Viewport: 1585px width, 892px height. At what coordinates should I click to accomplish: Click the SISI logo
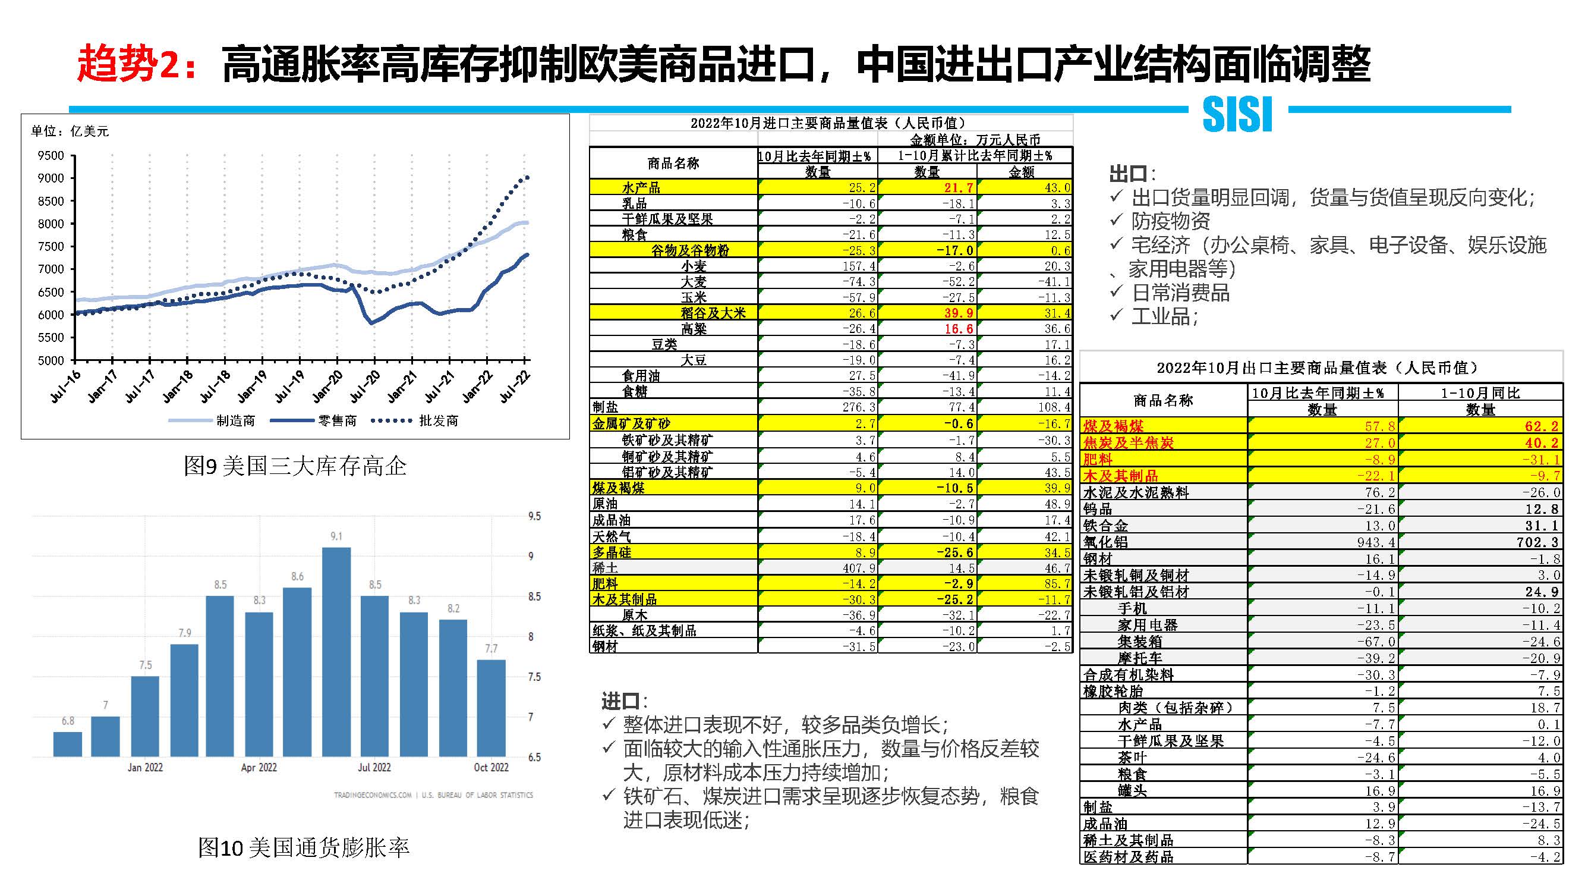tap(1237, 114)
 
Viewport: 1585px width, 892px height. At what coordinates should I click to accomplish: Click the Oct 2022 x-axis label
tap(491, 767)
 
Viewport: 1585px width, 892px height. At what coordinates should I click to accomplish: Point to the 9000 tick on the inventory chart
tap(51, 178)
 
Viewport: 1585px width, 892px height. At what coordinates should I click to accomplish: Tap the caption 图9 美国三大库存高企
tap(295, 466)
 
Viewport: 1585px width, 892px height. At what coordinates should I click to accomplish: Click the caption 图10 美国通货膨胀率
tap(303, 847)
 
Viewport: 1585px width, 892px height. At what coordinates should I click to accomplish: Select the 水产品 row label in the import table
tap(641, 188)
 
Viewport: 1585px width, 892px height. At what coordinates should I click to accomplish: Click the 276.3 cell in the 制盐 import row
tap(858, 407)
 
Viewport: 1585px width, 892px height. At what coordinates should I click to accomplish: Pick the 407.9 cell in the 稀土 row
tap(858, 568)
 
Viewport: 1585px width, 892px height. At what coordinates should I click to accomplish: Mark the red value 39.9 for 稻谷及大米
tap(959, 313)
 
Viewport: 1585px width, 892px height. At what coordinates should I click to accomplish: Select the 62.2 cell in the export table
tap(1541, 426)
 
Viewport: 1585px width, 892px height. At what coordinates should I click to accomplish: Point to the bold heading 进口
tap(620, 701)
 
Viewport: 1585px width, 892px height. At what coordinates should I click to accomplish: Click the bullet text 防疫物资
tap(1170, 221)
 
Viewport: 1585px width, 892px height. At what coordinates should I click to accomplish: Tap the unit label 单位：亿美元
tap(70, 131)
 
